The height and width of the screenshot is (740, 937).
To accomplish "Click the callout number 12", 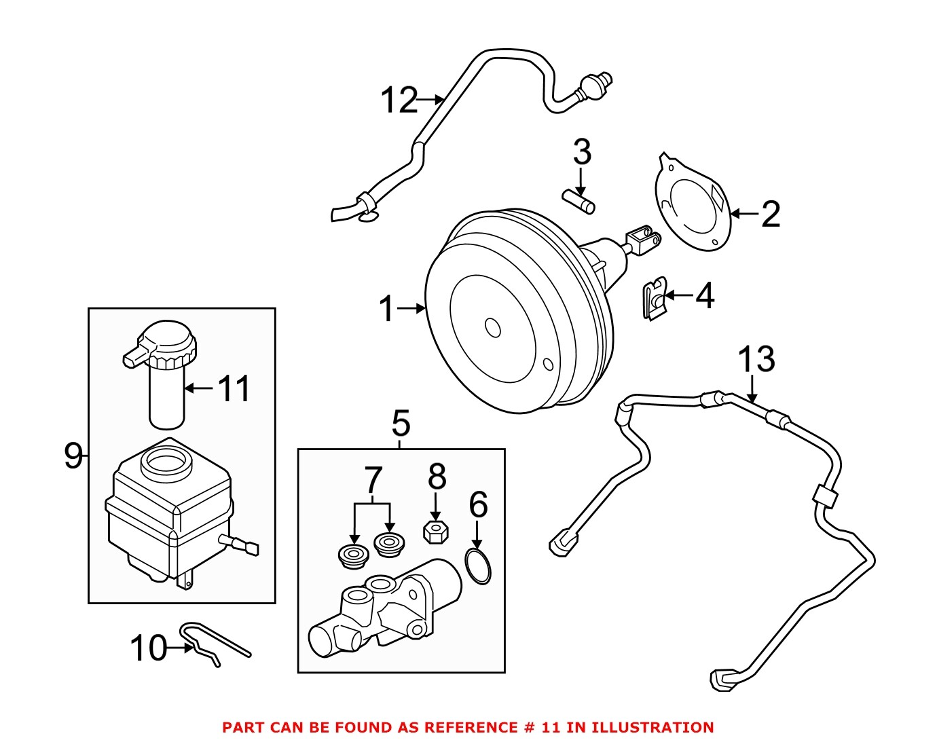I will pyautogui.click(x=399, y=100).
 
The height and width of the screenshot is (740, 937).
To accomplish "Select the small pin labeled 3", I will pyautogui.click(x=579, y=202).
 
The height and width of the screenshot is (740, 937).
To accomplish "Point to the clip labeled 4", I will pyautogui.click(x=654, y=299).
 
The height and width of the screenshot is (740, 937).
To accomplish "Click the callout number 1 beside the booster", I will pyautogui.click(x=386, y=310).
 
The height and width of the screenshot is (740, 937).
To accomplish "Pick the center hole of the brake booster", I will pyautogui.click(x=493, y=327).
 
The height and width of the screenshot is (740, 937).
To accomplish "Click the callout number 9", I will pyautogui.click(x=73, y=456).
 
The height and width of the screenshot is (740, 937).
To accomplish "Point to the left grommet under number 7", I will pyautogui.click(x=353, y=556).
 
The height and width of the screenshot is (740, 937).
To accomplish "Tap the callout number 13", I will pyautogui.click(x=756, y=360).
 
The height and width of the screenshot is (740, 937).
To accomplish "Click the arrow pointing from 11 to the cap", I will pyautogui.click(x=198, y=389).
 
